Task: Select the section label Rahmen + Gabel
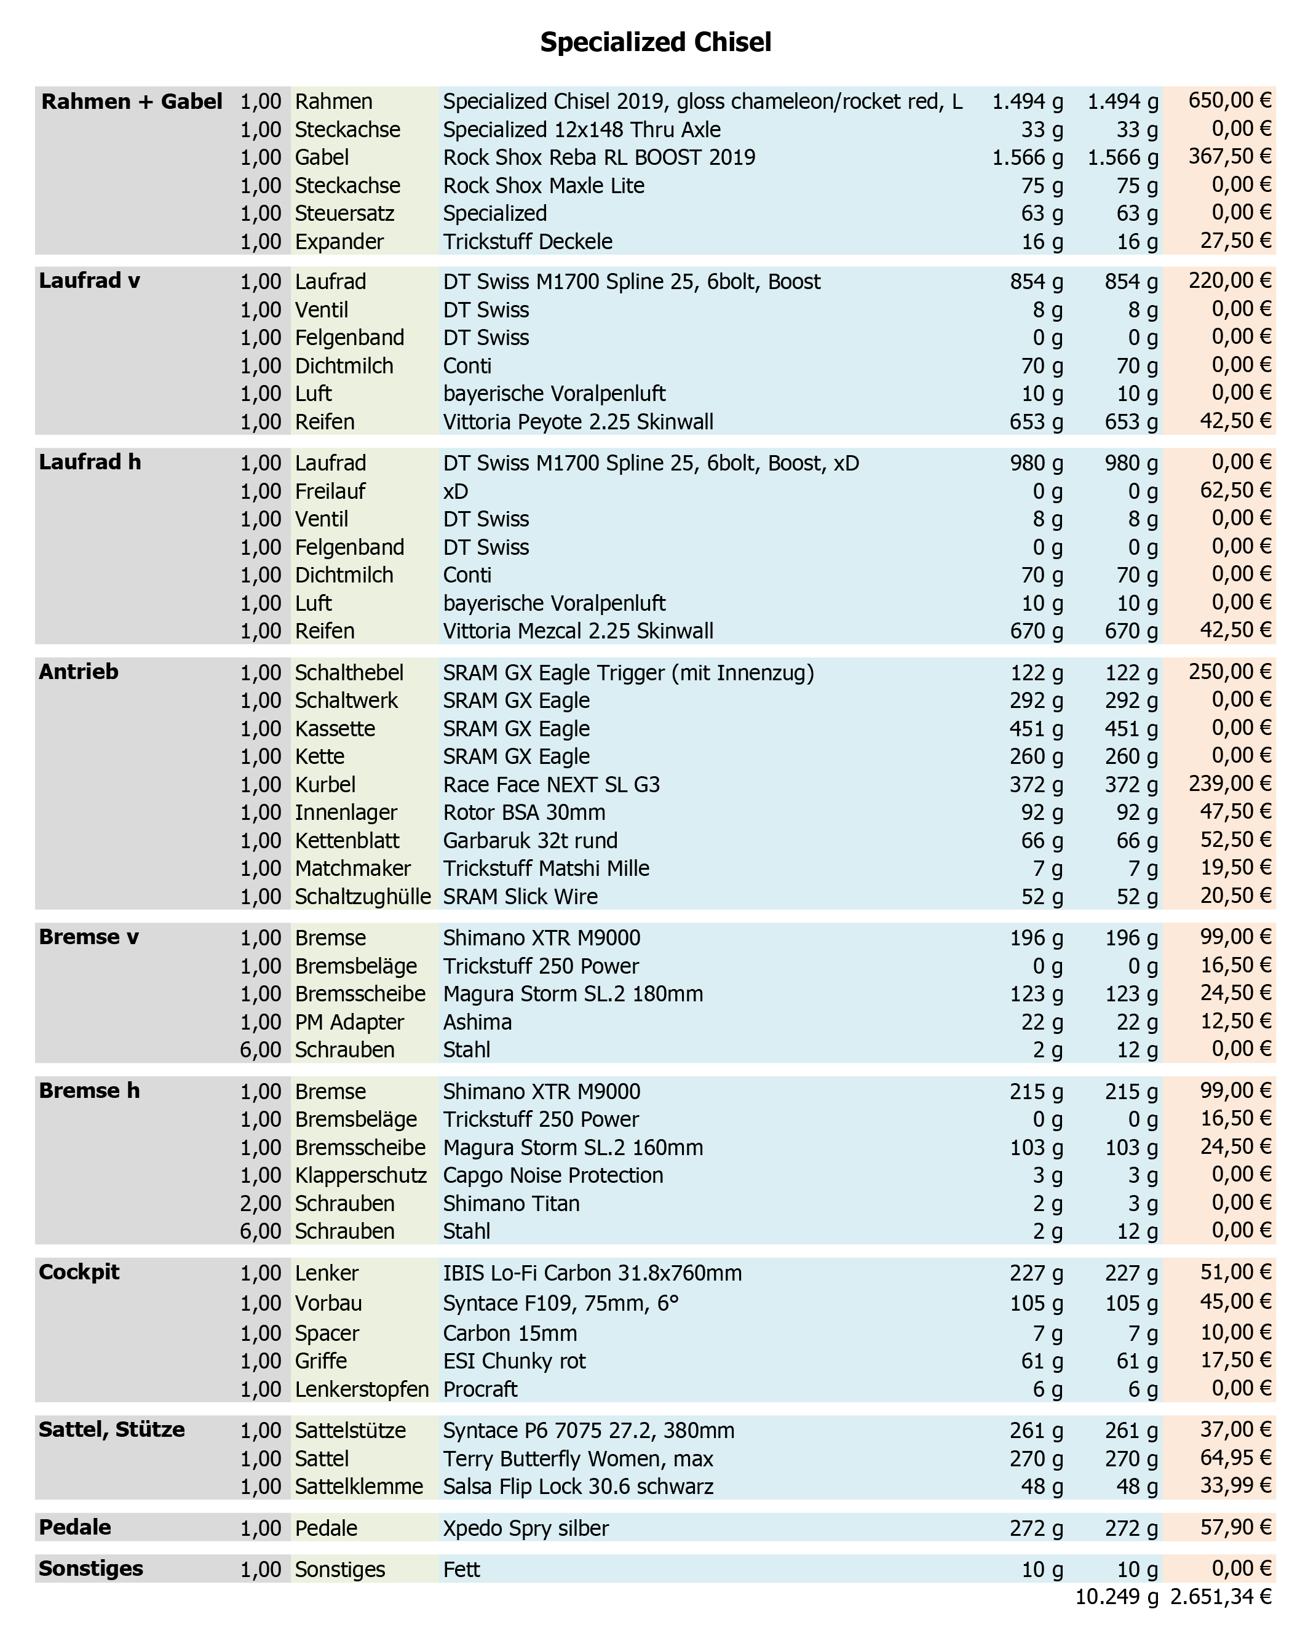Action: click(132, 101)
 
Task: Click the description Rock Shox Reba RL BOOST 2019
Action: click(599, 157)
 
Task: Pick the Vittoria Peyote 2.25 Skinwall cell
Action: click(578, 422)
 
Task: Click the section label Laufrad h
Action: click(90, 462)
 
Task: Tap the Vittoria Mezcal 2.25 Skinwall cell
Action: click(578, 631)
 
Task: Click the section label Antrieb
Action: click(78, 671)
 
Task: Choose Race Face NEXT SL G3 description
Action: click(552, 785)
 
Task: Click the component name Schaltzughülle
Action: click(363, 897)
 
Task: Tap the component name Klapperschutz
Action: click(361, 1175)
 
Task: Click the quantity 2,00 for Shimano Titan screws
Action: click(260, 1203)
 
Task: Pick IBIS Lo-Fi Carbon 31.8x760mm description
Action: click(592, 1273)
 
